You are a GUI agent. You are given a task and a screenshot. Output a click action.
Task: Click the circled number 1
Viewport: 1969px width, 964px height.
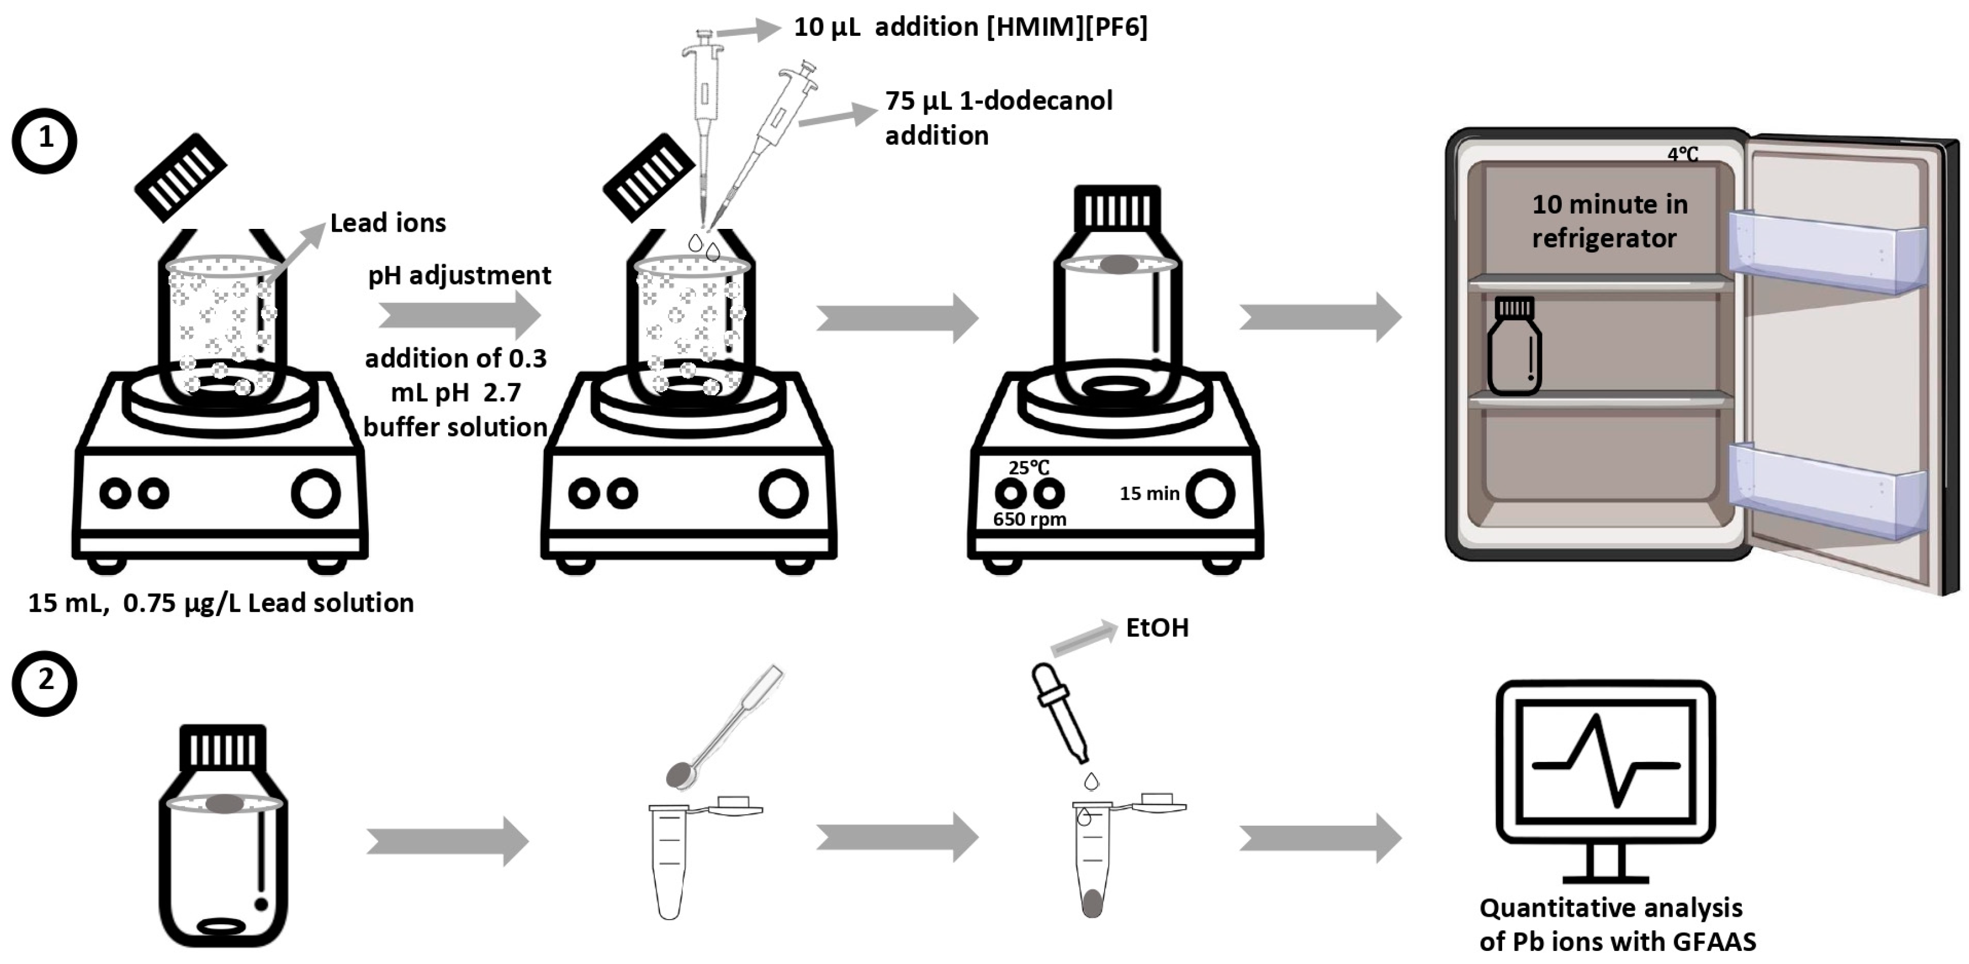(44, 140)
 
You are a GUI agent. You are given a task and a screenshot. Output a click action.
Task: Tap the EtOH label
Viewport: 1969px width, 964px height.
(1156, 629)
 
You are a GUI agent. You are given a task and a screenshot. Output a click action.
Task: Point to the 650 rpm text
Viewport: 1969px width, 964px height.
(1029, 520)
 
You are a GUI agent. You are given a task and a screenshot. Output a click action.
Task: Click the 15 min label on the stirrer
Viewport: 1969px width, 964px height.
(1149, 494)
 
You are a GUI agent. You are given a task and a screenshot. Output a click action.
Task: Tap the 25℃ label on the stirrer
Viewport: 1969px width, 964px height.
(1029, 467)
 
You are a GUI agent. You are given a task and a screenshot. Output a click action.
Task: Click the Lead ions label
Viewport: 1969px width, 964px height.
(388, 223)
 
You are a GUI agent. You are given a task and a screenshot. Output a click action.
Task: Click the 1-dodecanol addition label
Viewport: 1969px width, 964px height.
(998, 118)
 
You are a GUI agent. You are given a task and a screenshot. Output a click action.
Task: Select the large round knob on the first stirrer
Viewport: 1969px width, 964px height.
(315, 494)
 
